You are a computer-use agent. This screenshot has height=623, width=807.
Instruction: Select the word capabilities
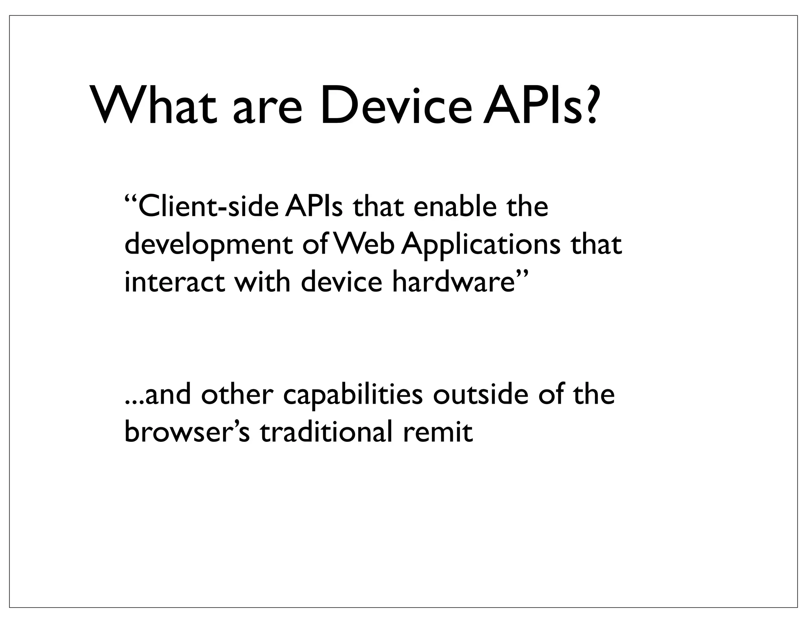(353, 396)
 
